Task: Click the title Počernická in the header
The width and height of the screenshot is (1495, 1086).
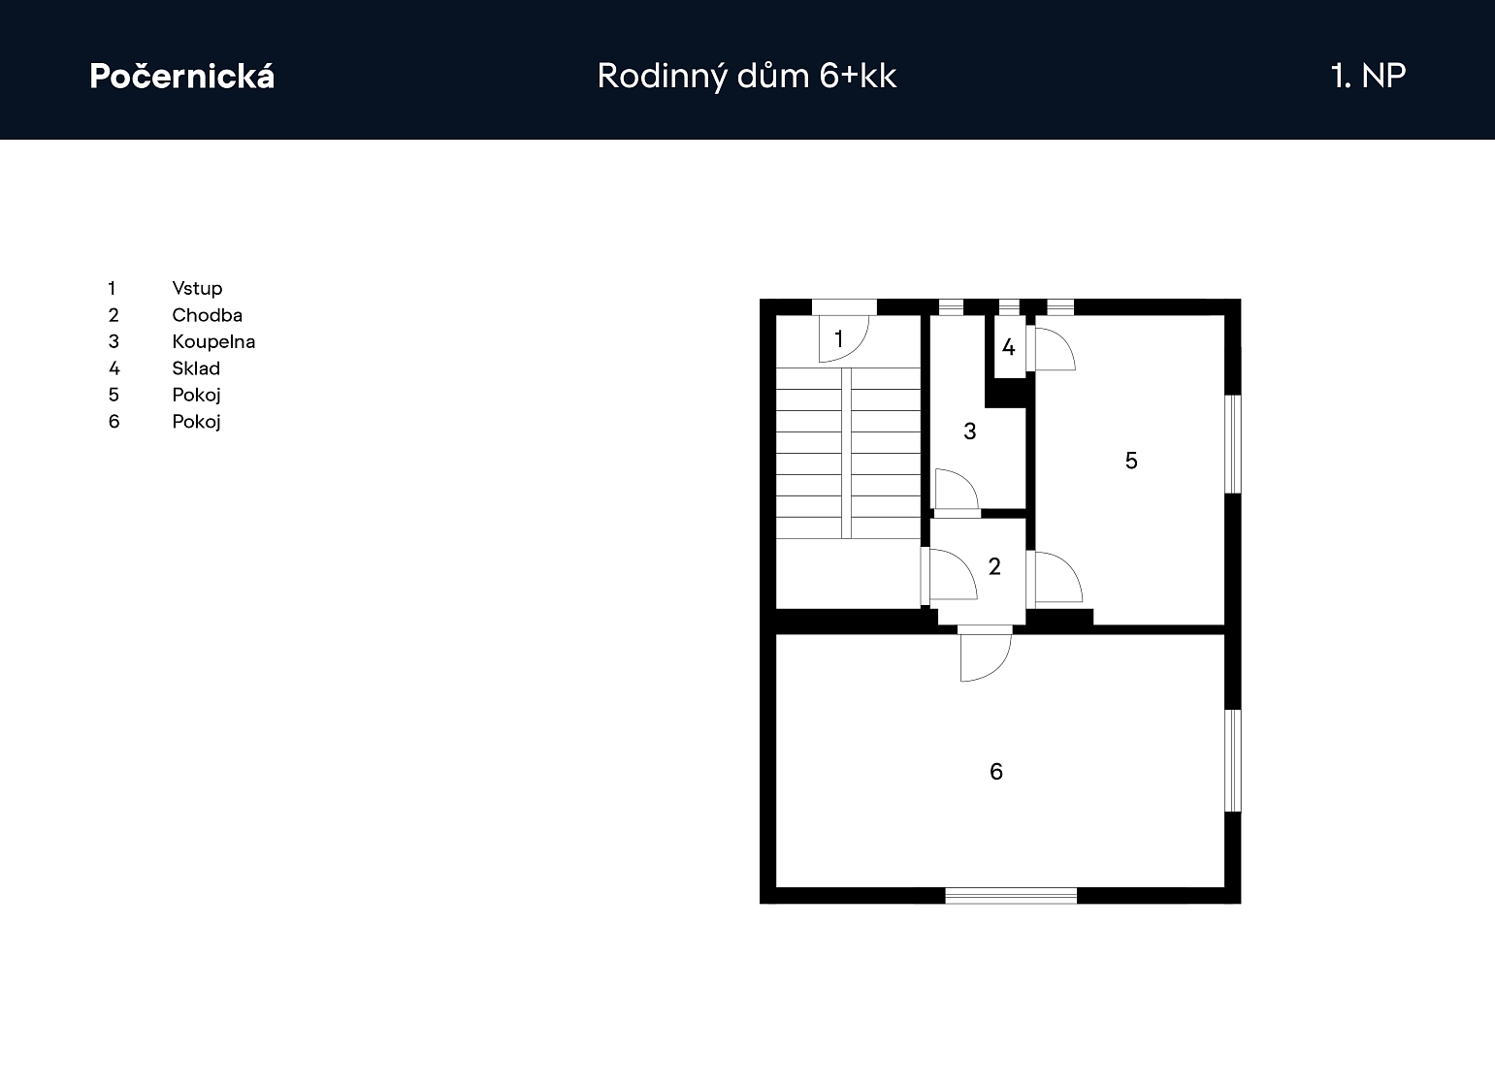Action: click(182, 76)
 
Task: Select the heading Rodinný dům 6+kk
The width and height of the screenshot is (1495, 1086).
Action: click(747, 76)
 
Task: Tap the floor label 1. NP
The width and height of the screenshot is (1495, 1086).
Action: click(1368, 76)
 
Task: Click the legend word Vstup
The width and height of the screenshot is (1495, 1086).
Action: click(197, 288)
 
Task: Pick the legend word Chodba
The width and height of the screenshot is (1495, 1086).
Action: click(207, 315)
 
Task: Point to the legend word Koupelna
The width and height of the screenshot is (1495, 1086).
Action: click(213, 341)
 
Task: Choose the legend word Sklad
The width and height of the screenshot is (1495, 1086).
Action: click(196, 368)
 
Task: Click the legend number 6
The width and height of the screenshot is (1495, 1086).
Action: click(114, 422)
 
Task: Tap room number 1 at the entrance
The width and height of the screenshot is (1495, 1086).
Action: click(839, 338)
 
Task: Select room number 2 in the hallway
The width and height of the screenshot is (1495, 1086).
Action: click(994, 566)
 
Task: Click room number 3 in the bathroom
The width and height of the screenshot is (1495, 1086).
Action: click(970, 431)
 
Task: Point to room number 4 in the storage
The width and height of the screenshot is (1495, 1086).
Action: click(1008, 347)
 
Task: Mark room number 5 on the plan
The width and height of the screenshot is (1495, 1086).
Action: click(1131, 461)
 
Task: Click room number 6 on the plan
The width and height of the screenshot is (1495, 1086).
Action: click(996, 772)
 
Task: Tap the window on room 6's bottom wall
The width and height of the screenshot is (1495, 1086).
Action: click(1011, 895)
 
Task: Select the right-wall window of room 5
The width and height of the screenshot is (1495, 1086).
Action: click(1233, 444)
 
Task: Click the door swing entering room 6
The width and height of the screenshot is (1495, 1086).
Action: click(986, 657)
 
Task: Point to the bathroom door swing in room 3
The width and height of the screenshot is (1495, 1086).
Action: click(958, 490)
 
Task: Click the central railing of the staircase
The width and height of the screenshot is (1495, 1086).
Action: click(846, 453)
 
